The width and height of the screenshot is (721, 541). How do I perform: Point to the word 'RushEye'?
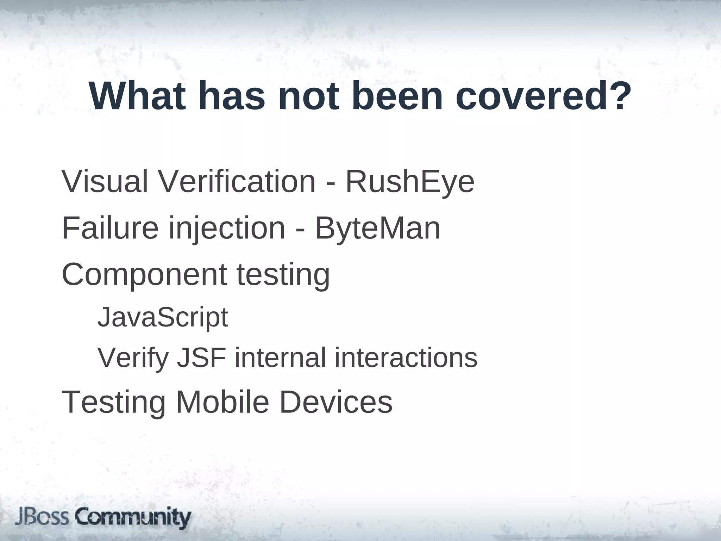[x=410, y=182]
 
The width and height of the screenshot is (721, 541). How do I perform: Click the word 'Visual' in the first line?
[x=105, y=182]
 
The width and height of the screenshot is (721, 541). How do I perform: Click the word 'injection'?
[x=227, y=229]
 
